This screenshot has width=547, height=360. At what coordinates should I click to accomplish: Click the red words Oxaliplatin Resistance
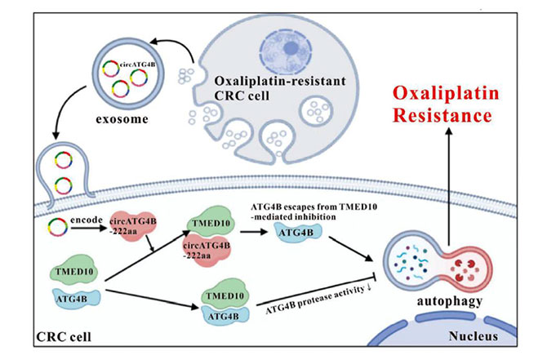coord(446,104)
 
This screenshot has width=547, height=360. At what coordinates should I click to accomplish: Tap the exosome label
coord(122,119)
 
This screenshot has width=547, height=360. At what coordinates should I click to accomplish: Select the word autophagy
coord(450,301)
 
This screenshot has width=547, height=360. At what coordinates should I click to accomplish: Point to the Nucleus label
coord(473,336)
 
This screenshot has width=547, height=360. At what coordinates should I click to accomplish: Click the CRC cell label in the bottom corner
coord(64,337)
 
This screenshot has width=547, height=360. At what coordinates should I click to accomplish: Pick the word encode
coord(87,220)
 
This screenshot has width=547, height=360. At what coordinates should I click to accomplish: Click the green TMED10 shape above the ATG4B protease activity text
coord(225,294)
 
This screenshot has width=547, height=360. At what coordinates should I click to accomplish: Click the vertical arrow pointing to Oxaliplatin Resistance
coord(449,187)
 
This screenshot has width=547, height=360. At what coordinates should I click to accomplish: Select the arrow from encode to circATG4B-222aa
coord(89,229)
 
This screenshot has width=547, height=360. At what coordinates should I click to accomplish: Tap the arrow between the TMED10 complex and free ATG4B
coord(254,231)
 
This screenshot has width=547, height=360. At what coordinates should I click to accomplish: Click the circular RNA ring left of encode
coord(58,227)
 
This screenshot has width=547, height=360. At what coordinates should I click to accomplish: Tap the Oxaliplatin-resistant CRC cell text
coord(280,88)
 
